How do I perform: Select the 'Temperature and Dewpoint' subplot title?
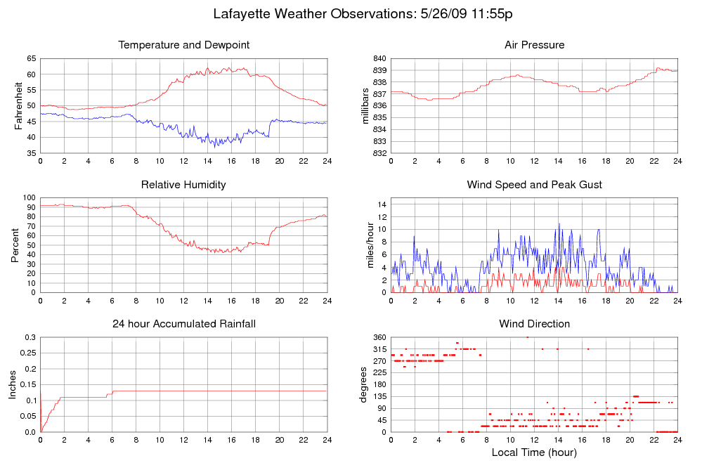(184, 45)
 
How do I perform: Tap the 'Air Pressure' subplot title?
(534, 45)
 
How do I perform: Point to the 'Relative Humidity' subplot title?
(183, 185)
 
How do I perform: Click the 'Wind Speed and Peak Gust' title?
(534, 185)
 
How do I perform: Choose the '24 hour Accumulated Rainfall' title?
(184, 324)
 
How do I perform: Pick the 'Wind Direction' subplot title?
(534, 324)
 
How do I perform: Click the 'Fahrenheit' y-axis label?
(19, 106)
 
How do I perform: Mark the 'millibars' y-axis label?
(365, 106)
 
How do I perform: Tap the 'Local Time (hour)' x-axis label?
(534, 452)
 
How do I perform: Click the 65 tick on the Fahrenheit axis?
(31, 58)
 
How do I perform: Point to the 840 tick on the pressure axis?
(379, 58)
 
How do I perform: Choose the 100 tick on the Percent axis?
(29, 198)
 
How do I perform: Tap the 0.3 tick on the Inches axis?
(30, 337)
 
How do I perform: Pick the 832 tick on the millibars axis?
(379, 153)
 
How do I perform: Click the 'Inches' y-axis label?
(13, 385)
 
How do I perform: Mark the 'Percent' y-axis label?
(14, 245)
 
